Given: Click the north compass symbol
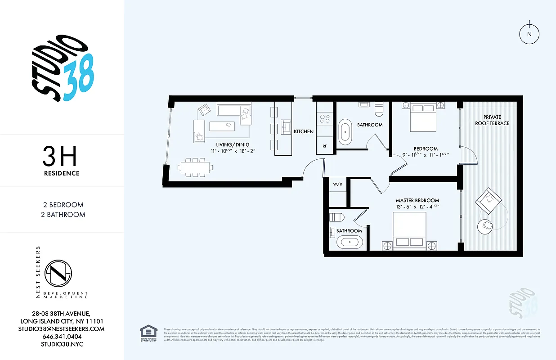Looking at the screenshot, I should pyautogui.click(x=529, y=34).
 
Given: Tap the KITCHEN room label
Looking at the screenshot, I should pyautogui.click(x=304, y=132).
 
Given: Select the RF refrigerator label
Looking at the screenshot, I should pyautogui.click(x=324, y=146).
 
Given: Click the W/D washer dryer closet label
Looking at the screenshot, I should pyautogui.click(x=337, y=184).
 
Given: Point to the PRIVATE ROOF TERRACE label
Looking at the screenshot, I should pyautogui.click(x=492, y=120).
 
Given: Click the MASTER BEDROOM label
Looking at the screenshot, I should pyautogui.click(x=417, y=200).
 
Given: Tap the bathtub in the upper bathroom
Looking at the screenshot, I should pyautogui.click(x=345, y=132).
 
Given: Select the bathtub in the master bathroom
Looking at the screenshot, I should pyautogui.click(x=349, y=242).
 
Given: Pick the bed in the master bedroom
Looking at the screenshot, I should pyautogui.click(x=409, y=230).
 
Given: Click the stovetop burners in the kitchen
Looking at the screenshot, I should pyautogui.click(x=324, y=118).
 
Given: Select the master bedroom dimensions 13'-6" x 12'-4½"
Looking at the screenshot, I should pyautogui.click(x=417, y=207).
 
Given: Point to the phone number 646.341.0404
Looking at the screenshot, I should pyautogui.click(x=62, y=337).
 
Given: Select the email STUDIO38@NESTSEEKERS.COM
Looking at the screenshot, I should pyautogui.click(x=62, y=329).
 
